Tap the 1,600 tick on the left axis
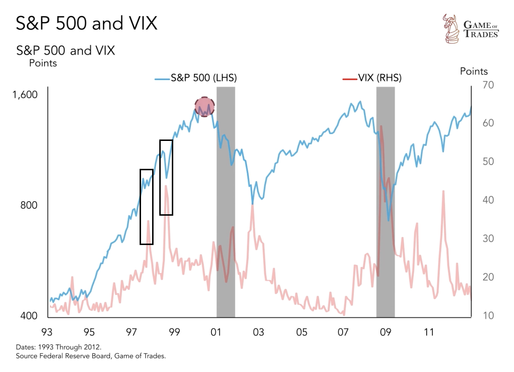[x=25, y=94]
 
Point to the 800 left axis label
[x=29, y=205]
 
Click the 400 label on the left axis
[x=29, y=315]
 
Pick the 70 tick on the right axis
[x=488, y=85]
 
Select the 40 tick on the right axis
[x=488, y=200]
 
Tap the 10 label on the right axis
[x=488, y=315]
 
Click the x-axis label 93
[x=47, y=332]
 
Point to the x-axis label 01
[x=216, y=332]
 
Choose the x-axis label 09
[x=385, y=332]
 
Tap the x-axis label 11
[x=429, y=332]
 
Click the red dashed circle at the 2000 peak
[x=204, y=107]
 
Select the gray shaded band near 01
[x=226, y=200]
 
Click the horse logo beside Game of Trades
[x=451, y=29]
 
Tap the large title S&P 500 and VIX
[x=86, y=23]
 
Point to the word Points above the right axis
[x=474, y=71]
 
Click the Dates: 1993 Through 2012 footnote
[x=58, y=347]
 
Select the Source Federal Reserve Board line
[x=91, y=356]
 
